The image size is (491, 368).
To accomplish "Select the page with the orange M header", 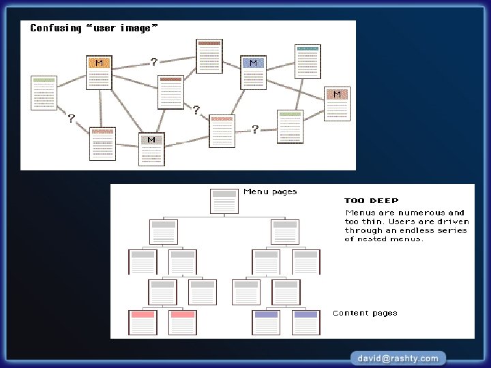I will (99, 73).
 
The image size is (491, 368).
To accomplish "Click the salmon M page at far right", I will (337, 104).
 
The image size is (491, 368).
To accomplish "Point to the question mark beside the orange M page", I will (154, 62).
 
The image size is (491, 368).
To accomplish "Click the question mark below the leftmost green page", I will (71, 119).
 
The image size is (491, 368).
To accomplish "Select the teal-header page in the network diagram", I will (308, 62).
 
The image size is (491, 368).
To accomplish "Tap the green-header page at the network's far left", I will (44, 93).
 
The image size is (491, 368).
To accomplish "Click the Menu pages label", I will (270, 191).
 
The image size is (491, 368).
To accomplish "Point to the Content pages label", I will (365, 313).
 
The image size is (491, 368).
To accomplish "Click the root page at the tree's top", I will (224, 202).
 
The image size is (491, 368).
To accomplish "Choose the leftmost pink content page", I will (143, 322).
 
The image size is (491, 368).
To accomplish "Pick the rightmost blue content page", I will (306, 322).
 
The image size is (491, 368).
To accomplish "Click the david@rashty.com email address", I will (398, 358).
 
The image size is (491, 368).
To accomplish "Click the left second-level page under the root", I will (164, 232).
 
